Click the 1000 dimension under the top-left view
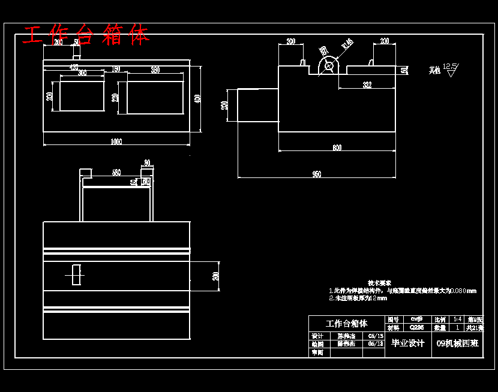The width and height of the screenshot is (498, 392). pyautogui.click(x=116, y=141)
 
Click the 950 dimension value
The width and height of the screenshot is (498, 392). pyautogui.click(x=316, y=174)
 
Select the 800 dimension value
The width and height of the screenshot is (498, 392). pyautogui.click(x=337, y=147)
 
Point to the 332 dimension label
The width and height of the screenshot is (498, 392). pyautogui.click(x=367, y=86)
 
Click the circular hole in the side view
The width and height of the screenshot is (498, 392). pyautogui.click(x=328, y=66)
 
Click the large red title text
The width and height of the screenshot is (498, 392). pyautogui.click(x=86, y=35)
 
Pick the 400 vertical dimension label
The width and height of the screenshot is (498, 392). pyautogui.click(x=198, y=98)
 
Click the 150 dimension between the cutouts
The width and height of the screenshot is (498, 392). pyautogui.click(x=116, y=70)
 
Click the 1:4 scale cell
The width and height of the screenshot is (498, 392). pyautogui.click(x=458, y=319)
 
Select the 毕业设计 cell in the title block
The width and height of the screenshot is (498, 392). pyautogui.click(x=407, y=343)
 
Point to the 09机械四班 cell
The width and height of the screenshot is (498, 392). pyautogui.click(x=457, y=343)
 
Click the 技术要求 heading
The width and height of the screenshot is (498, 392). pyautogui.click(x=379, y=282)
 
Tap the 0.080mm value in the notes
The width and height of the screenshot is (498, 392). pyautogui.click(x=463, y=291)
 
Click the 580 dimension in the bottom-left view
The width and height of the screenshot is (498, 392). pyautogui.click(x=116, y=173)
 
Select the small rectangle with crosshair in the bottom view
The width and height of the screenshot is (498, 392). pyautogui.click(x=75, y=275)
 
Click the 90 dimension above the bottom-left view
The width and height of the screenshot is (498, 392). pyautogui.click(x=147, y=162)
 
